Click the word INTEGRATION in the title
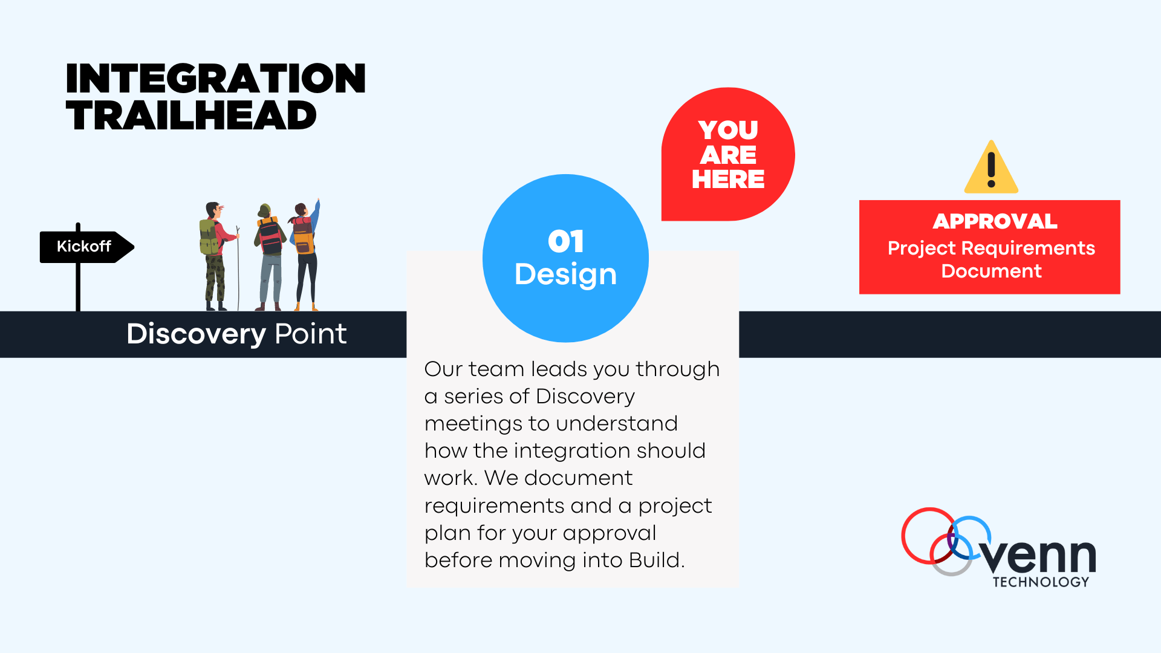215,79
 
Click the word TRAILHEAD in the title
191,116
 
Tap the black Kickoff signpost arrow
85,247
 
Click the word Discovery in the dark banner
196,334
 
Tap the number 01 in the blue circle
565,242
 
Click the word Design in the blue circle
565,275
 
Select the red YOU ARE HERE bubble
728,155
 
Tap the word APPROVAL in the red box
995,221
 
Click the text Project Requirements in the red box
991,249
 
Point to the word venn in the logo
1039,556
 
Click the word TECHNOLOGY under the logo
1041,582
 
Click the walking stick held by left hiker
238,272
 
